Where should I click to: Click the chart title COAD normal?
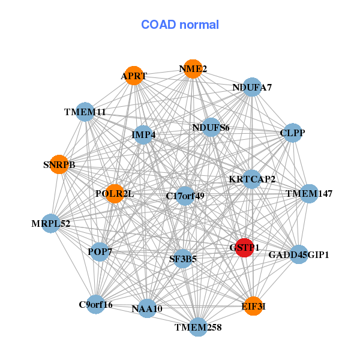click(180, 25)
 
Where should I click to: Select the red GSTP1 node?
click(244, 247)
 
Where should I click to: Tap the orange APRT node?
click(133, 76)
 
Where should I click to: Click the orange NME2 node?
click(193, 69)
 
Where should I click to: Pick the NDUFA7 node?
click(252, 88)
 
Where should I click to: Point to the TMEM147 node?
click(308, 193)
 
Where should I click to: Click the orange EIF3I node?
click(253, 306)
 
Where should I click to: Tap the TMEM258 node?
click(199, 327)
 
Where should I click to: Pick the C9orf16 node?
click(96, 304)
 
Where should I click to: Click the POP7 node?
click(100, 251)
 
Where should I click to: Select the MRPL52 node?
click(51, 224)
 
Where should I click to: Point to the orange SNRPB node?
click(59, 164)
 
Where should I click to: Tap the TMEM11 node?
click(85, 112)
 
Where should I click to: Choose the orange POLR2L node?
click(115, 194)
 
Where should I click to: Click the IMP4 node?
click(144, 135)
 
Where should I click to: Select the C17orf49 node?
click(185, 196)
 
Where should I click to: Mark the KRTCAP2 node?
click(252, 179)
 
